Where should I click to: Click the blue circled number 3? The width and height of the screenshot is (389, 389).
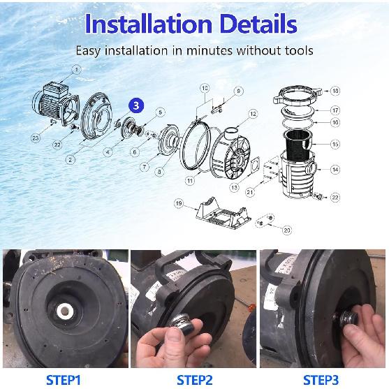coord(138,105)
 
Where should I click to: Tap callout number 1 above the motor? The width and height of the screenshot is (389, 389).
coord(76,69)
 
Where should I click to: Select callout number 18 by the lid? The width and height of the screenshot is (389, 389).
coord(335,91)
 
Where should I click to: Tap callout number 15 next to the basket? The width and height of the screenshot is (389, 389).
coord(335,144)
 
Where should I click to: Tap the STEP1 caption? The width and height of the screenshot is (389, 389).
coord(64,380)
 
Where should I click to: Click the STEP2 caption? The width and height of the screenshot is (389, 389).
coord(194,380)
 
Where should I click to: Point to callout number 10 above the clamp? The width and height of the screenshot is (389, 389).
coord(205,89)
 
